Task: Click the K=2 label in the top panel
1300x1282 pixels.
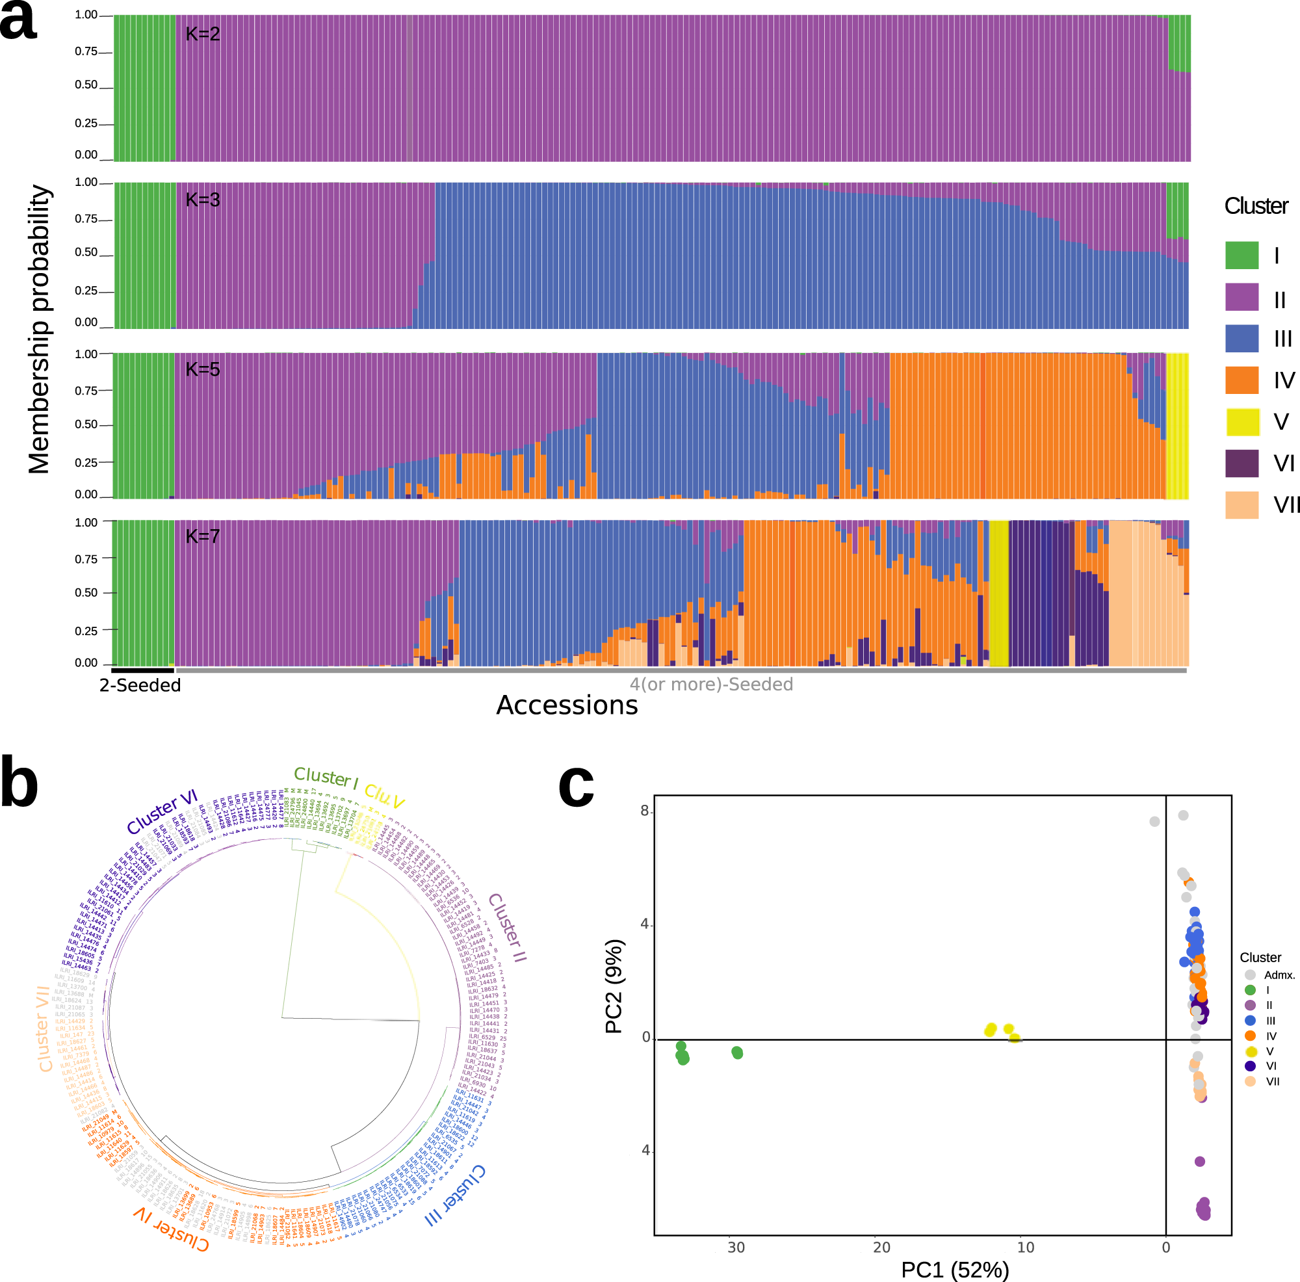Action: pos(203,34)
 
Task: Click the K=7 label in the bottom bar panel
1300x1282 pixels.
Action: pos(203,536)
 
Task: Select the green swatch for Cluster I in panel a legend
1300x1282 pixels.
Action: pos(1241,255)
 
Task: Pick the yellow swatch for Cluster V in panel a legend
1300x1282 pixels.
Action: pos(1241,422)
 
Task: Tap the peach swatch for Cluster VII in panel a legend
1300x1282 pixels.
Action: pos(1241,504)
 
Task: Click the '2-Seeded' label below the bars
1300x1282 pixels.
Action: pos(140,685)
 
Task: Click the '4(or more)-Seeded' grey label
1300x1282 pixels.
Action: pos(711,685)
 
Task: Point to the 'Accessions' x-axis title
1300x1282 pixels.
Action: pos(567,705)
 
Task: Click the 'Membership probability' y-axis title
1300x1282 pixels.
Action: pos(39,329)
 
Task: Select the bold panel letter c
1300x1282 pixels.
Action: pos(577,785)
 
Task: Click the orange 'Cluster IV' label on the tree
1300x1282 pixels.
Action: pos(171,1229)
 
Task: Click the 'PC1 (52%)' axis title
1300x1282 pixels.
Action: pos(955,1270)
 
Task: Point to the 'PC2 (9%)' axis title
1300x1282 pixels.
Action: pos(614,986)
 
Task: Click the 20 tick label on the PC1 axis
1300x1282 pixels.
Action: pos(881,1247)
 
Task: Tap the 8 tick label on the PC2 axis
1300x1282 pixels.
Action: pos(645,811)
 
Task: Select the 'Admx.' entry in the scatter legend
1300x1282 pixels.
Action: pos(1279,975)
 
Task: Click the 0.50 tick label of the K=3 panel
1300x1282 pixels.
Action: pos(86,252)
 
